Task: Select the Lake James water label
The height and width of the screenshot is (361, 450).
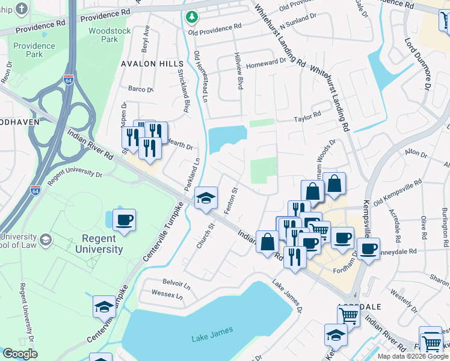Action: [208, 338]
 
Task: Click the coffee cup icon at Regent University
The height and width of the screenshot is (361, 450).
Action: [124, 220]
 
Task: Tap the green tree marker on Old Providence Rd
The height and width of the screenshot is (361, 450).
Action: [191, 17]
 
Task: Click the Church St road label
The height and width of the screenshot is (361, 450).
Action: [206, 236]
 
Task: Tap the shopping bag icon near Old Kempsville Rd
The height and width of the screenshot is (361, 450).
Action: [334, 184]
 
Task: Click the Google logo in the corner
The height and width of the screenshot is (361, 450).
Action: [20, 354]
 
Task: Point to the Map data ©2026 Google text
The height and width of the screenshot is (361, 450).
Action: [413, 356]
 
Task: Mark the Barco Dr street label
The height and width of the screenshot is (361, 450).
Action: [141, 89]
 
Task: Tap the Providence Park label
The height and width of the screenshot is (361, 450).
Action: [34, 49]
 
